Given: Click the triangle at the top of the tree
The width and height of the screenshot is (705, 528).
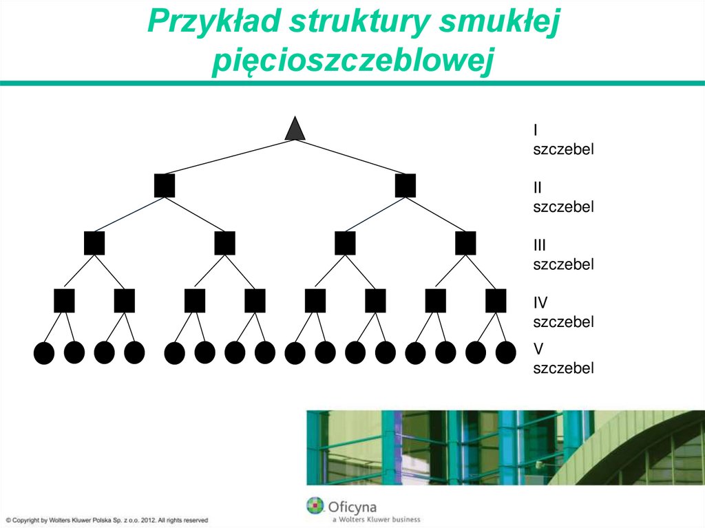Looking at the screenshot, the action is tap(295, 129).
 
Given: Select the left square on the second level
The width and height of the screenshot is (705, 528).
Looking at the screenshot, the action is tap(165, 186).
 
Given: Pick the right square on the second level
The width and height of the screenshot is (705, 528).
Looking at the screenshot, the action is tap(406, 186).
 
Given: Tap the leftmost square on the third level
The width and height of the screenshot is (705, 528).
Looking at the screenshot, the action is tap(94, 243).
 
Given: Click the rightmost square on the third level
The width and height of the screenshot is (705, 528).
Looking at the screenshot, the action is tap(465, 243).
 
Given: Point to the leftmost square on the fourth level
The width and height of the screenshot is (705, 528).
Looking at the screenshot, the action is tap(64, 301).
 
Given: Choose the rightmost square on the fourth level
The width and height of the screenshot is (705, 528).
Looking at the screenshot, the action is tap(496, 301).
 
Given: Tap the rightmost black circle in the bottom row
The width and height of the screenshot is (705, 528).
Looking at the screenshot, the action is tap(506, 352).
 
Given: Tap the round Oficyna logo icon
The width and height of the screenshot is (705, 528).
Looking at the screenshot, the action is tap(315, 506).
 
